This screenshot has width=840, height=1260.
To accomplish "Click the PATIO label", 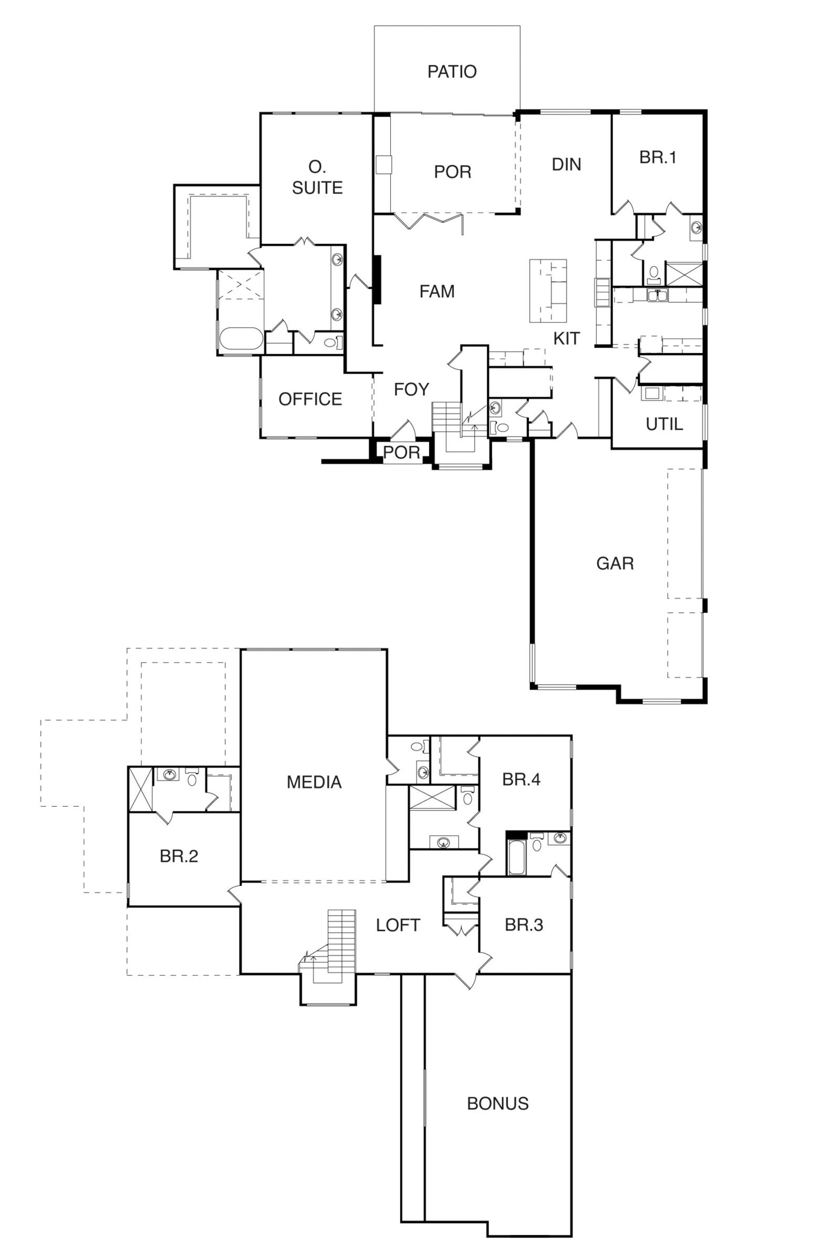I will tap(452, 71).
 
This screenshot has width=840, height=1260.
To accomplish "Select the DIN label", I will tap(566, 164).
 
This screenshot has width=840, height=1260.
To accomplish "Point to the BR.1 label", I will tap(657, 157).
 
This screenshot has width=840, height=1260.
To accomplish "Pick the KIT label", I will tap(566, 338).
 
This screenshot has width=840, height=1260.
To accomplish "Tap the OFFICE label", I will tap(310, 399).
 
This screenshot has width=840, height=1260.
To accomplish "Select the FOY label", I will tap(411, 390).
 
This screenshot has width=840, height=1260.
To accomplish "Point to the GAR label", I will tap(614, 564).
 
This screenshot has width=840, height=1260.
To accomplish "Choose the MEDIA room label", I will tap(314, 782).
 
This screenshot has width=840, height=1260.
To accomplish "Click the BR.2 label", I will tap(179, 856).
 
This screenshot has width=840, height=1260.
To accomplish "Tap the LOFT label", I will tap(397, 925).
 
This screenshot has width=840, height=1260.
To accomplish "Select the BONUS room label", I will tap(498, 1104).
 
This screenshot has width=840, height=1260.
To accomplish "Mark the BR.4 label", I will tap(521, 779).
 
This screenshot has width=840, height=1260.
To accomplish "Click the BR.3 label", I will tap(523, 925).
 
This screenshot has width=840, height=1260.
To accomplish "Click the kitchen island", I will tap(548, 291).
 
